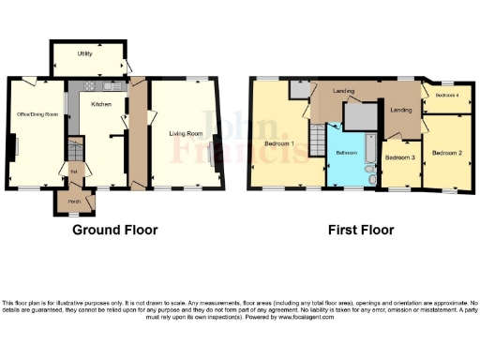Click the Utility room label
[84, 54]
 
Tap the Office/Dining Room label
[37, 114]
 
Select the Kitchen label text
[100, 105]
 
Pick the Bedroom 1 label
[279, 143]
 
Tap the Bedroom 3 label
[400, 158]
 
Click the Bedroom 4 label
[446, 96]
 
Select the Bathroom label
[347, 152]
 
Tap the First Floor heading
[361, 230]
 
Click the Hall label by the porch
[72, 172]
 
